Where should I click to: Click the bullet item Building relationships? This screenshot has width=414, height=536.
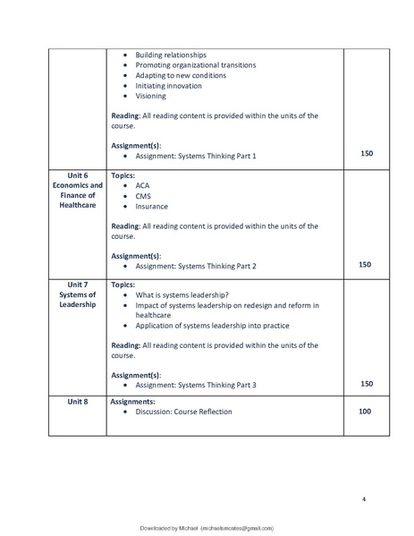tap(174, 55)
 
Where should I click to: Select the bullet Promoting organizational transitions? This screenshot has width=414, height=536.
tap(195, 65)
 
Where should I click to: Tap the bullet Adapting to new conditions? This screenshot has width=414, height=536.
tap(181, 75)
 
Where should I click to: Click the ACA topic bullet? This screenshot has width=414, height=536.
tap(143, 185)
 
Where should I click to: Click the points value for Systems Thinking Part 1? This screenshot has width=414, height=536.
tap(366, 155)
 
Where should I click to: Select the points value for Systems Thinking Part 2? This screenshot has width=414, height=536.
tap(365, 265)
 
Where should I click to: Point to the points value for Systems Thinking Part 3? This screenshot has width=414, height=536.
tap(367, 384)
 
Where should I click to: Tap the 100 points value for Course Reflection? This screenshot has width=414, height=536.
tap(365, 412)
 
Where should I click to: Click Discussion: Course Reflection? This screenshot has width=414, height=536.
tap(183, 412)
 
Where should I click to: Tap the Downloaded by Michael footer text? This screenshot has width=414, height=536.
tap(207, 529)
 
